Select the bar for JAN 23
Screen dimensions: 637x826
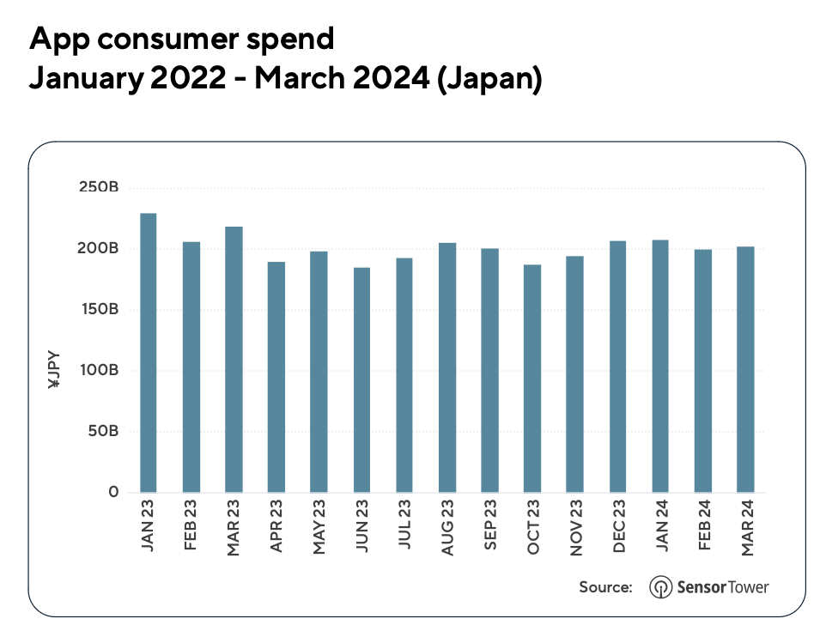(x=149, y=353)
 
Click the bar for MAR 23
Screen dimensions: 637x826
(x=234, y=360)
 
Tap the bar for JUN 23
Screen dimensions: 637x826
(x=361, y=380)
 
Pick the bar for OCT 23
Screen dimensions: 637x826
(x=532, y=379)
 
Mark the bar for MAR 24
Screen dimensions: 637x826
(x=745, y=369)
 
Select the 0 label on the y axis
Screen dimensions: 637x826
(x=113, y=492)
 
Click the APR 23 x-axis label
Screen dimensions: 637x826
(x=277, y=526)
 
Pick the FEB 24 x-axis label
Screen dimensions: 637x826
(x=703, y=526)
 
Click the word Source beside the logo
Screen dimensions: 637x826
(x=606, y=587)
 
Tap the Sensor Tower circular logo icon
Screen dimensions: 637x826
(x=661, y=587)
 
